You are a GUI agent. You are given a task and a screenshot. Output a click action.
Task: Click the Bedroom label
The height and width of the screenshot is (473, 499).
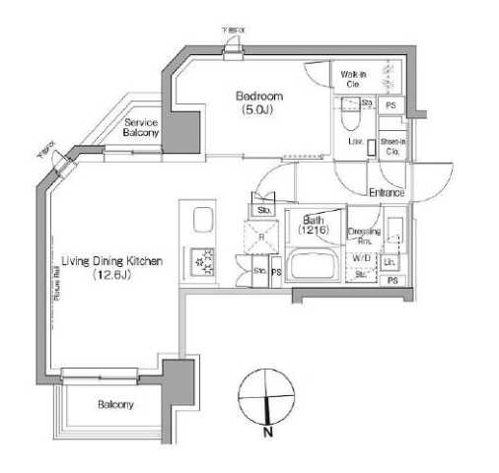pos(259,96)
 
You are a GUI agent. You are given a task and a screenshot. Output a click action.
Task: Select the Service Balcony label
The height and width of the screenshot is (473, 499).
pos(141,127)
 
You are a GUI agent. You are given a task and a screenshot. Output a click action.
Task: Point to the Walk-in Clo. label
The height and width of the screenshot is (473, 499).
pos(354,79)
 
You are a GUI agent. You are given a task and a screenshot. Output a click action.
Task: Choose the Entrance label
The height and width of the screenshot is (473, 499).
pos(387,192)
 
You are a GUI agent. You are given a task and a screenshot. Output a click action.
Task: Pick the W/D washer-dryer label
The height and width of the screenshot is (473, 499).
pos(361,259)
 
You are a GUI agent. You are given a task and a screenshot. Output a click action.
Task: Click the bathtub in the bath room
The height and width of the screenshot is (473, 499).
pos(315,265)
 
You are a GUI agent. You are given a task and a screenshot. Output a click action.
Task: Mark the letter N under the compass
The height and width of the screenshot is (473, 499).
pos(268,431)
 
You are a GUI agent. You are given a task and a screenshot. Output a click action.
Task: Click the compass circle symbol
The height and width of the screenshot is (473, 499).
pos(266,394)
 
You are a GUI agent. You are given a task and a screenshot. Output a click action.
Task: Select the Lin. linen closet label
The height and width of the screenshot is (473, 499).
pos(390,261)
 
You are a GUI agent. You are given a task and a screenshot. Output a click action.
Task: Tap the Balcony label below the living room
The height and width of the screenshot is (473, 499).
pos(115,404)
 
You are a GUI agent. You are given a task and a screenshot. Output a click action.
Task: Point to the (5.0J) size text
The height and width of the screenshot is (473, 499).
pos(259,110)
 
